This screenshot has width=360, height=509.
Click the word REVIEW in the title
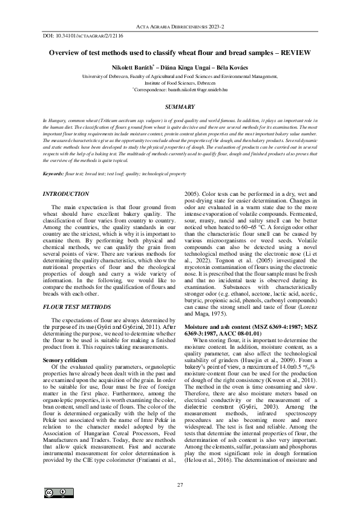click(x=292, y=53)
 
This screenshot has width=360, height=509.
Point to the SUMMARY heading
click(x=180, y=106)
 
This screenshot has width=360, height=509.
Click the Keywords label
click(x=54, y=174)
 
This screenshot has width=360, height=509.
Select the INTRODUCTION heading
click(x=65, y=194)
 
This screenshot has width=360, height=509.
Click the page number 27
click(x=180, y=485)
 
